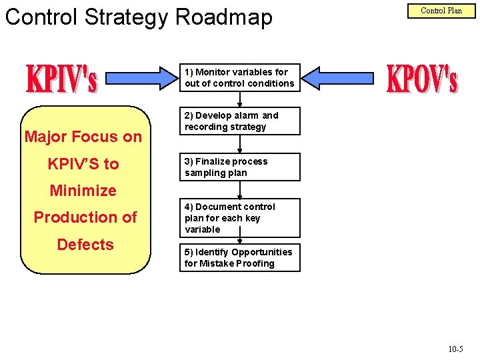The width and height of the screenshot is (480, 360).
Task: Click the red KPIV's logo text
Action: (61, 79)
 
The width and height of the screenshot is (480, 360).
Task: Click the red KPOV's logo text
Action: (422, 79)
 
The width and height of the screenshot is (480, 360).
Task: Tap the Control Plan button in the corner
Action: (441, 11)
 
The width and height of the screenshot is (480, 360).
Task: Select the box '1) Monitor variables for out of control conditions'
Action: (239, 77)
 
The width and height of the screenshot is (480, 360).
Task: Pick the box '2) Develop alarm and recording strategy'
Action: (239, 121)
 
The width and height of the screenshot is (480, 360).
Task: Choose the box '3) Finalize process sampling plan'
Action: (239, 167)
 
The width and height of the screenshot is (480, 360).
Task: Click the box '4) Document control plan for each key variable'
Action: (239, 217)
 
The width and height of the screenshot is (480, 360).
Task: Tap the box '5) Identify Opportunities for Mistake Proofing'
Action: (239, 257)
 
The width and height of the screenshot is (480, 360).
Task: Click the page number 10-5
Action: (456, 349)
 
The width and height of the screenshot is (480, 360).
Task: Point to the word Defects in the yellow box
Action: (85, 245)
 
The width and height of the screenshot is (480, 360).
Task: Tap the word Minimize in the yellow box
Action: (83, 191)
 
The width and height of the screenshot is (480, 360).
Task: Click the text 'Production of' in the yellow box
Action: (85, 217)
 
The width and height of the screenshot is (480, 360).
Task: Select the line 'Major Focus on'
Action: (83, 137)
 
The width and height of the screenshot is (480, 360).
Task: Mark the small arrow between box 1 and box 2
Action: (239, 99)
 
